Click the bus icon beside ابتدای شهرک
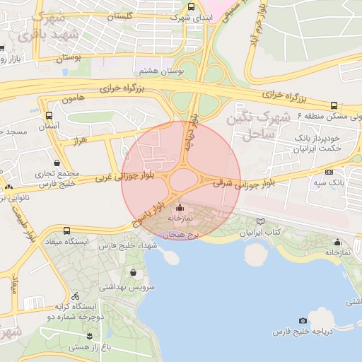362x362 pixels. (x=191, y=7)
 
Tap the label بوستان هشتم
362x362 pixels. (x=158, y=71)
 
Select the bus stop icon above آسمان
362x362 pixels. (x=49, y=115)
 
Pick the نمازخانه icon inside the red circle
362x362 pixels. (x=179, y=209)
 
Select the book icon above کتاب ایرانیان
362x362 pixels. (x=262, y=221)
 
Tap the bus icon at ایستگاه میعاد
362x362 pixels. (x=66, y=230)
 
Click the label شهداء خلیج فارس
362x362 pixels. (x=127, y=245)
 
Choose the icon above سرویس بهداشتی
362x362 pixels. (x=134, y=272)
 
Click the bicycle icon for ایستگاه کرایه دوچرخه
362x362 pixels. (x=76, y=296)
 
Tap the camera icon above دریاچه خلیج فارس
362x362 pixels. (x=303, y=320)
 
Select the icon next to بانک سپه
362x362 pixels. (x=329, y=172)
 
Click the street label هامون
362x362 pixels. (x=73, y=99)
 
